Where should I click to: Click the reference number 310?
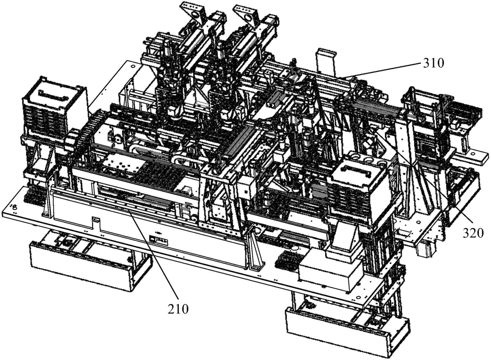434,63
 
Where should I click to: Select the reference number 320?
473,233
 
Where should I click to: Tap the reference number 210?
178,309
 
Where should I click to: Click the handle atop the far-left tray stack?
51,93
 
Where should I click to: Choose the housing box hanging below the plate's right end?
347,332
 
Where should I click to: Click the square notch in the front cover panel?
96,222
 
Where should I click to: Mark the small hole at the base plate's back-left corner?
132,66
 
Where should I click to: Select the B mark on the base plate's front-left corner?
14,206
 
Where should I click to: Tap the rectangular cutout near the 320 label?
404,233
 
